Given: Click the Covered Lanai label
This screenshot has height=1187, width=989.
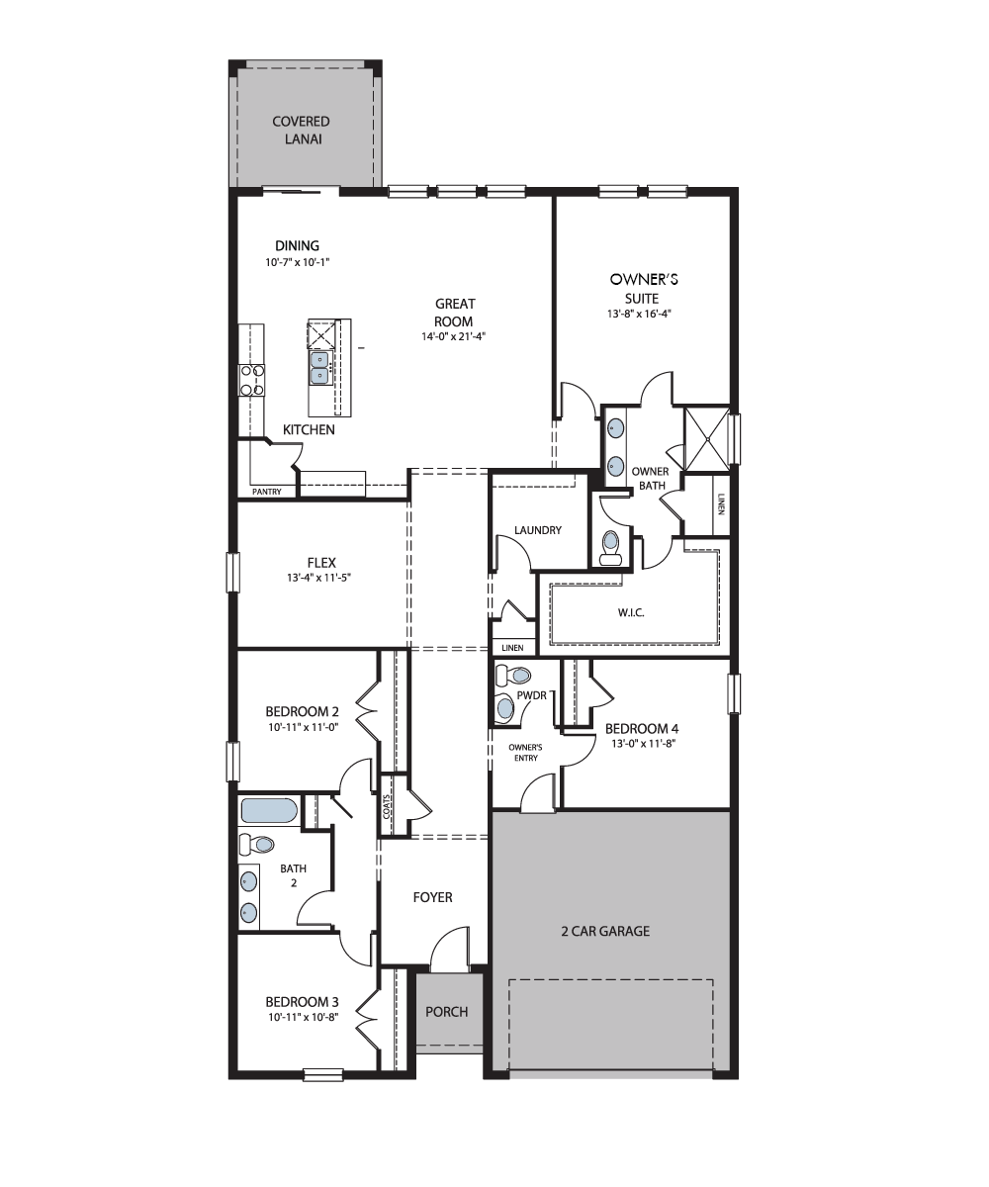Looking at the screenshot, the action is (x=302, y=131).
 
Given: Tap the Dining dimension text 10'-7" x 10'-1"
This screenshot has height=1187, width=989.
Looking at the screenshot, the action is (x=298, y=262).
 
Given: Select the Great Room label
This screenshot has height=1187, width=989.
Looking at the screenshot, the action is (x=454, y=313).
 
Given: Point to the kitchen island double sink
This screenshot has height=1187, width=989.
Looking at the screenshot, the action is (x=319, y=368).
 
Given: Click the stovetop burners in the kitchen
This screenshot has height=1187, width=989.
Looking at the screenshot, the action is (x=252, y=380).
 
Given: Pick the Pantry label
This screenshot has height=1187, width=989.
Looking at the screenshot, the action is (x=267, y=492).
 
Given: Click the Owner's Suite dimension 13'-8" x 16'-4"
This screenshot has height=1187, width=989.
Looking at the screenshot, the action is (x=640, y=314).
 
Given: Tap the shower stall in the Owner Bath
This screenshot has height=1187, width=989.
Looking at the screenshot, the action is (x=707, y=438).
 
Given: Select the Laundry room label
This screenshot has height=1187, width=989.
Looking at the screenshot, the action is (x=538, y=530).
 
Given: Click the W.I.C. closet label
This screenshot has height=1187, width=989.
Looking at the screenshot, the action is (x=631, y=612).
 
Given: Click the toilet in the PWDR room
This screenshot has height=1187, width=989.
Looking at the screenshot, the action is (x=512, y=676).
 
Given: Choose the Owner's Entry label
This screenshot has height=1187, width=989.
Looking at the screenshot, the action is (x=525, y=752).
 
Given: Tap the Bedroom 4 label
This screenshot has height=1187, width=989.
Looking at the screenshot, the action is (x=642, y=728).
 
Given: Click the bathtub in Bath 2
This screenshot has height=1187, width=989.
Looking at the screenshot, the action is (x=269, y=811).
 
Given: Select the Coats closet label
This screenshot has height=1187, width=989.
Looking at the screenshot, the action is (x=387, y=806).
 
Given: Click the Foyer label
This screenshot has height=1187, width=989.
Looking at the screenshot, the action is (x=432, y=897).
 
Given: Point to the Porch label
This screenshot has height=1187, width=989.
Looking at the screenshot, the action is (x=447, y=1011).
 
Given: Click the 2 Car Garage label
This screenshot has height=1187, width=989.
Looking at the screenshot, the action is (x=605, y=931).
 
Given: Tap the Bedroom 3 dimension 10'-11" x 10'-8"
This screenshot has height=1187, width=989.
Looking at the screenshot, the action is (x=304, y=1017).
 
